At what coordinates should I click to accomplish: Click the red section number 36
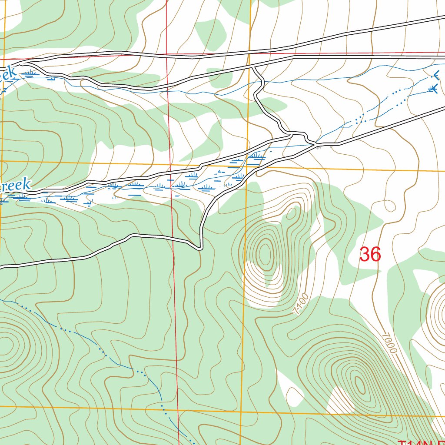point(370,254)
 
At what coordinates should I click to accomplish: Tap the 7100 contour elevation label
point(301,304)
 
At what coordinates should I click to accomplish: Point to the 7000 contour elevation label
point(389,343)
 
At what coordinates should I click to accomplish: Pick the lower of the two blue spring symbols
point(432,89)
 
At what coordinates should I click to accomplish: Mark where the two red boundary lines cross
point(167,55)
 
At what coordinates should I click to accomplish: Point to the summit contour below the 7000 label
point(360,384)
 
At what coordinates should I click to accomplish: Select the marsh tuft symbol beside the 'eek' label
point(30,73)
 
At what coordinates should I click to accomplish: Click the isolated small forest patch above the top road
point(210,33)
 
